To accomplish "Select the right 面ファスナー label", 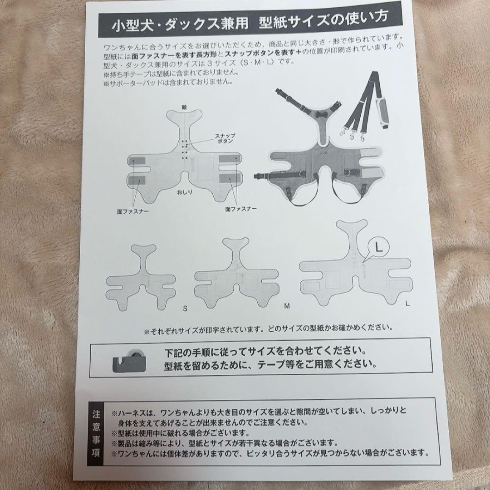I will click(x=240, y=209).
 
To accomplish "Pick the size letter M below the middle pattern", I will click(x=287, y=306).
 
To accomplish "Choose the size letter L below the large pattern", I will click(x=407, y=304).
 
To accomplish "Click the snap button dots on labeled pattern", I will click(x=185, y=150).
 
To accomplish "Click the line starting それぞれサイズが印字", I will click(x=268, y=327).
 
